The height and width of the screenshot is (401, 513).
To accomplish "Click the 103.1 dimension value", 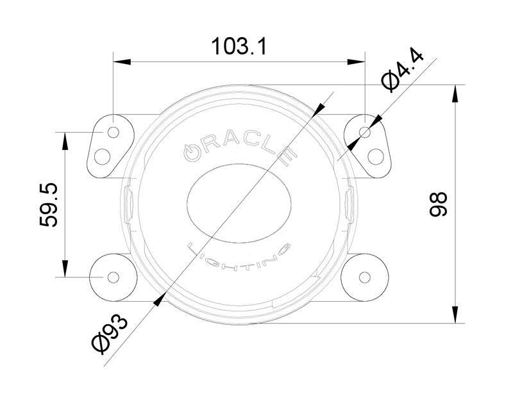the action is [239, 47].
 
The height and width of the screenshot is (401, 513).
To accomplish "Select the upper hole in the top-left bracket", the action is [114, 133].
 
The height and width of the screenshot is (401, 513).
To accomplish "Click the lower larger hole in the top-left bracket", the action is [103, 156].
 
